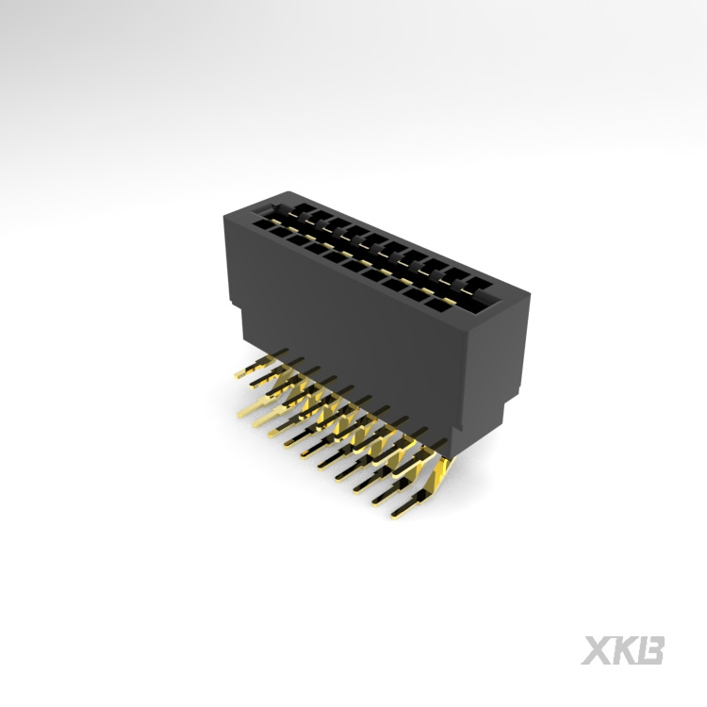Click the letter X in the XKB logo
coord(595,650)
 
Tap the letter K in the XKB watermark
coord(623,650)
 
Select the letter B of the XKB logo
coord(651,650)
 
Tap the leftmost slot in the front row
coord(256,224)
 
